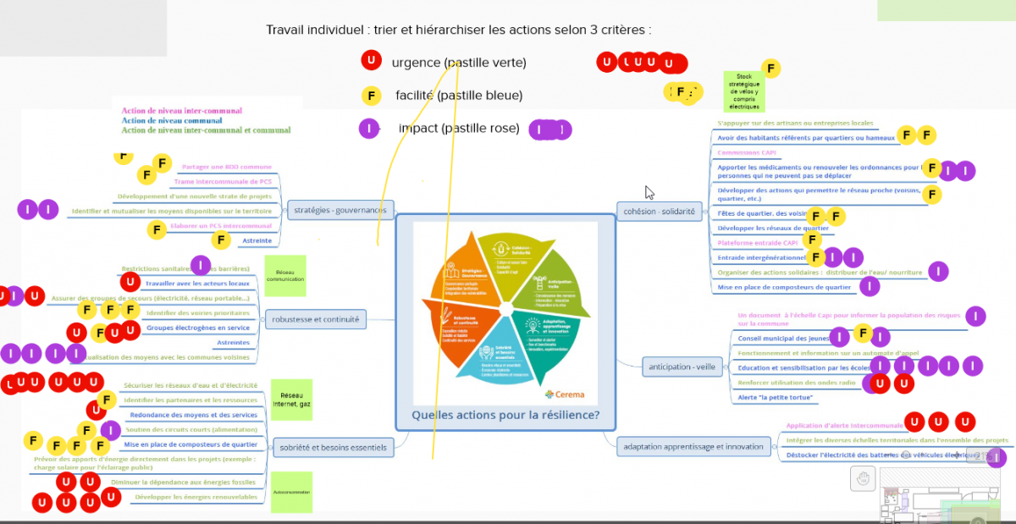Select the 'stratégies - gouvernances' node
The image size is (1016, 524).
[340, 209]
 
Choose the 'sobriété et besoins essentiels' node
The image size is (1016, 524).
[332, 447]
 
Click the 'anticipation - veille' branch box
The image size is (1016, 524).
[679, 367]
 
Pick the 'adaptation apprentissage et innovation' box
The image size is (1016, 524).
[693, 446]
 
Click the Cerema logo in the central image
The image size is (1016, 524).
[564, 394]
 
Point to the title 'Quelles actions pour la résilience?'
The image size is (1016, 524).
[505, 415]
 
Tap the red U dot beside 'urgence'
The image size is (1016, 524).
[370, 61]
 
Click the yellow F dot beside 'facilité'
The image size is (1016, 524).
[370, 95]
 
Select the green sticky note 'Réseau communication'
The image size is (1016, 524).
[284, 276]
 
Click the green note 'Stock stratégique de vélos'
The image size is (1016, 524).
[744, 91]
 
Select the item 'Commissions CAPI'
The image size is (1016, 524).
[746, 152]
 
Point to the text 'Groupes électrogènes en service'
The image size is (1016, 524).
[198, 328]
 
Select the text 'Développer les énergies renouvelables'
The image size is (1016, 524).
[196, 497]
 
